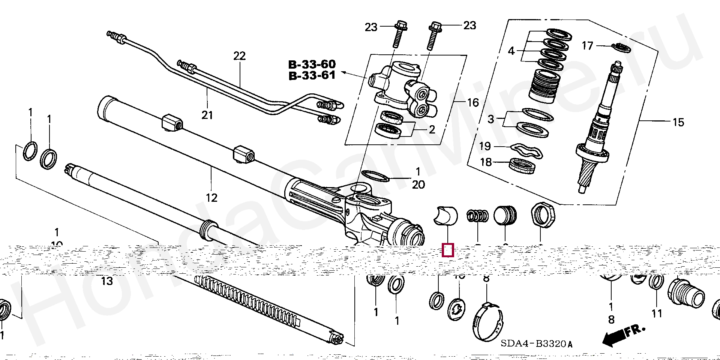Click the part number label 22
(x=239, y=56)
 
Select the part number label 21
(x=207, y=115)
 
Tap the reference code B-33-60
(x=312, y=64)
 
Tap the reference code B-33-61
(x=312, y=75)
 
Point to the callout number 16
(x=473, y=102)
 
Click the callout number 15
(x=678, y=122)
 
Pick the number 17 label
(x=587, y=46)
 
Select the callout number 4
(x=511, y=51)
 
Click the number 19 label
(x=485, y=146)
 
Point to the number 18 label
(x=486, y=162)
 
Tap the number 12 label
(x=211, y=198)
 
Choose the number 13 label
(x=107, y=281)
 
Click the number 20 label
(x=418, y=184)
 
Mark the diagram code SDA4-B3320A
(x=537, y=344)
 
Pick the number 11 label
(x=657, y=313)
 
